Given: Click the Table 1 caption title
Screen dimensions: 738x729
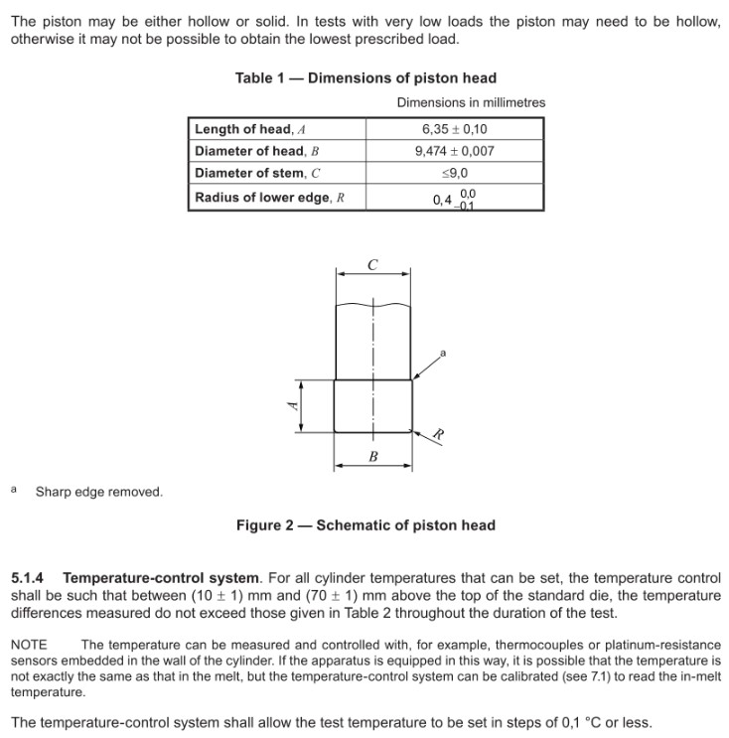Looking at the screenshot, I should point(365,77).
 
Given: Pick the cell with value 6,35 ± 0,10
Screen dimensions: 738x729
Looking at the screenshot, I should point(454,129).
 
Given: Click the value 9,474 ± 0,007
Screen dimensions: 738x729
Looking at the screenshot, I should point(454,152).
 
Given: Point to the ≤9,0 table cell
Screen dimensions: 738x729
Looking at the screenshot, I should point(454,174).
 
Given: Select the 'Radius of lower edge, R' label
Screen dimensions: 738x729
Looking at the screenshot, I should point(269,197).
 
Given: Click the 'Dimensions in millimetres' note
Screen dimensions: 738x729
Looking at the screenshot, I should point(471,102).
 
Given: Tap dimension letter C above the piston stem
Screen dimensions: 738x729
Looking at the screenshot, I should point(372,265).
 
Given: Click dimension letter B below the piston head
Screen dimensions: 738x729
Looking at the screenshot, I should point(373,457).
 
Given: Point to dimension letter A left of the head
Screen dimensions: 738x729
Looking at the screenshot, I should point(291,406).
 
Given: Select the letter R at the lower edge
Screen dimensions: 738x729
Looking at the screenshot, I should point(436,434).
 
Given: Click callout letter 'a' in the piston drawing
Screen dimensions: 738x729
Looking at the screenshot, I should point(443,353).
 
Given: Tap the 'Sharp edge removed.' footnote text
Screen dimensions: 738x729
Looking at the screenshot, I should point(99,492).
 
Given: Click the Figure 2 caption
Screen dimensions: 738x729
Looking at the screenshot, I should point(365,525).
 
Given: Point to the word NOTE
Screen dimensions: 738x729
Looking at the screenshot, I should point(29,645).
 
